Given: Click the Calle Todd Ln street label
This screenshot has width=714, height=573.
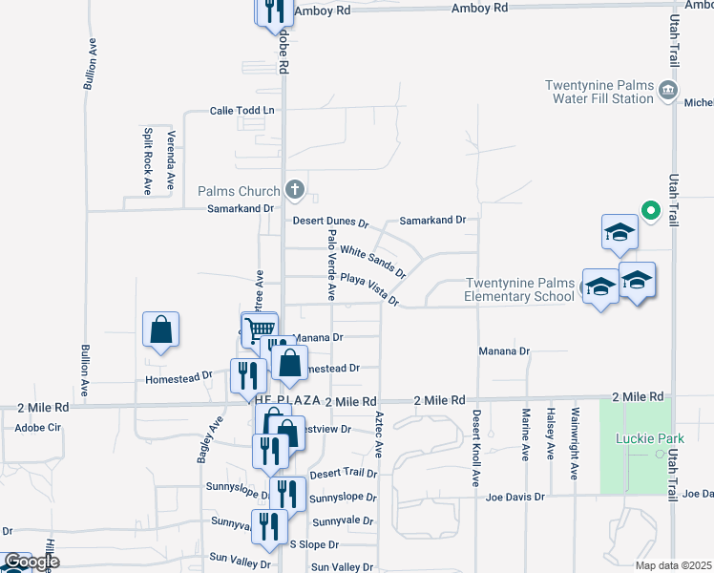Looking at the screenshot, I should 241,111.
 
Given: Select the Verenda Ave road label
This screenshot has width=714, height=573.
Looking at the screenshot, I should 172,159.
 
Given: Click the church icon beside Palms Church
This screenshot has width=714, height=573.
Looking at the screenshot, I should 295,189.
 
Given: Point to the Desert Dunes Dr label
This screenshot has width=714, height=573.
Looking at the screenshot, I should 330,222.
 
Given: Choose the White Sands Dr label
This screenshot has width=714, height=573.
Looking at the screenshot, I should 373,259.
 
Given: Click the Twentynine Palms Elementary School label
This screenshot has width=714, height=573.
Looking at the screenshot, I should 519,289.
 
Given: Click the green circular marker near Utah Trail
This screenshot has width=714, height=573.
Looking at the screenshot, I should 650,210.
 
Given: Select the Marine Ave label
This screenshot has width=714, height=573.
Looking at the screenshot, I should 526,435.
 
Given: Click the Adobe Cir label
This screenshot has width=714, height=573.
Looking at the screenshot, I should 37,428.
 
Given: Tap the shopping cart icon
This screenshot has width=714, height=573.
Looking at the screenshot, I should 258,329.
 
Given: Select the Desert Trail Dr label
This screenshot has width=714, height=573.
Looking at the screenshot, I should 344,473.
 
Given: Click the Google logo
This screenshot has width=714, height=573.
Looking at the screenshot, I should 31,562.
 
